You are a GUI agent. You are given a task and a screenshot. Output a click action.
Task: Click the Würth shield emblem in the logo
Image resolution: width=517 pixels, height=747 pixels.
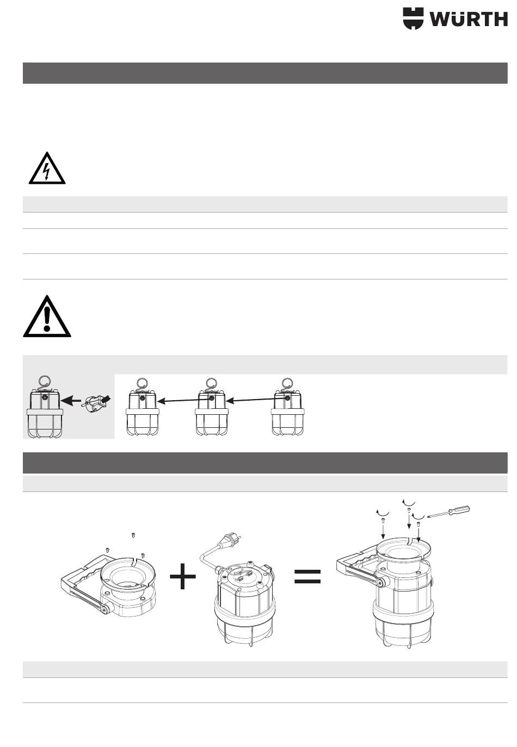(x=413, y=18)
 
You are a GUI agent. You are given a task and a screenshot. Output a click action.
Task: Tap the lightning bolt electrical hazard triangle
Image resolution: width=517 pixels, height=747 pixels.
(x=47, y=168)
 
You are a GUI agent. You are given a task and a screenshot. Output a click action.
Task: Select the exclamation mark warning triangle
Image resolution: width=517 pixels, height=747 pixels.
(x=47, y=316)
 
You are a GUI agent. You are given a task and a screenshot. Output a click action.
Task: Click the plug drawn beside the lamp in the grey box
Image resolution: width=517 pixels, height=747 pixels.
(x=95, y=402)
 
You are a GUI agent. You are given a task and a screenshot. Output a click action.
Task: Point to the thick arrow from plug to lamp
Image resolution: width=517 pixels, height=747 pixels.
(x=71, y=400)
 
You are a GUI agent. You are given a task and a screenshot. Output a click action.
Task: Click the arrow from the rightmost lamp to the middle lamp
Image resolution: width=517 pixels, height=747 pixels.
(x=256, y=400)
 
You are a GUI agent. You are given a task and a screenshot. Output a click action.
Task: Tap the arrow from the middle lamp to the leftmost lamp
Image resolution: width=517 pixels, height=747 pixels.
(x=184, y=400)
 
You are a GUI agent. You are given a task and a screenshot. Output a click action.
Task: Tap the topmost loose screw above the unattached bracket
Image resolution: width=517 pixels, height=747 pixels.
(x=133, y=535)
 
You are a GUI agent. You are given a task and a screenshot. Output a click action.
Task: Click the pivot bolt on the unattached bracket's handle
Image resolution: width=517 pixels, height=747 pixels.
(x=105, y=609)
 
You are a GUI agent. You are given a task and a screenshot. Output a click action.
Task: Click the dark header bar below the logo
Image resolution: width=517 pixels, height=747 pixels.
(x=265, y=73)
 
